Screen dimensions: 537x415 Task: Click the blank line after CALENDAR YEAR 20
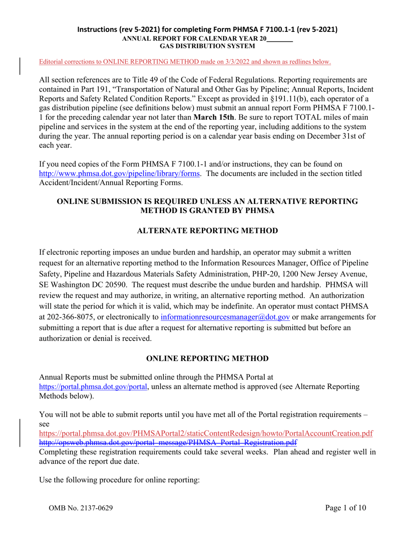pyautogui.click(x=279, y=38)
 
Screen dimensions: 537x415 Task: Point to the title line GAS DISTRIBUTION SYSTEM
pyautogui.click(x=207, y=45)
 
